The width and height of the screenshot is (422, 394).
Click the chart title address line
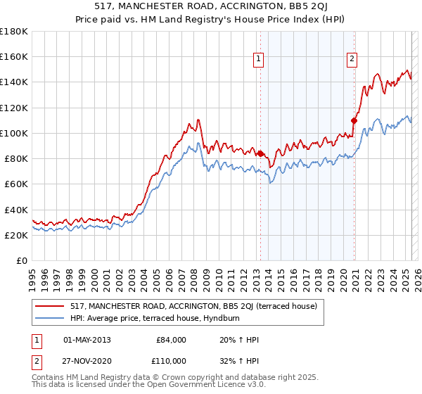pos(211,6)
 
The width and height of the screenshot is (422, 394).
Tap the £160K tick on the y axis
pos(14,56)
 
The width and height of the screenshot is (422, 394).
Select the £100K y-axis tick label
pos(14,133)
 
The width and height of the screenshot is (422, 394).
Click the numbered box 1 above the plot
pos(260,59)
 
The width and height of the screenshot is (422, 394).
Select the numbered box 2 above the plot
pos(351,59)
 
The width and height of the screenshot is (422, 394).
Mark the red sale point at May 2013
pos(260,153)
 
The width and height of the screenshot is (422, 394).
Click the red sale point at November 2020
pos(354,120)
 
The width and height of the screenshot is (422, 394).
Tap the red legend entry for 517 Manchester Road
pos(193,306)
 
